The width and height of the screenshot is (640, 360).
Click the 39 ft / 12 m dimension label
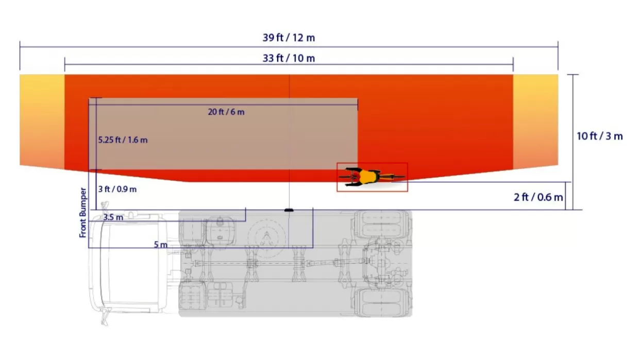[289, 38]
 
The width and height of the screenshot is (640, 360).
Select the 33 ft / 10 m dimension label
[289, 58]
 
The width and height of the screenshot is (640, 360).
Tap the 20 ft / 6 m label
[226, 112]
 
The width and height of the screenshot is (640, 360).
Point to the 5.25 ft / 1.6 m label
[123, 140]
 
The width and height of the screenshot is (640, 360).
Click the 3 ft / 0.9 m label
[117, 190]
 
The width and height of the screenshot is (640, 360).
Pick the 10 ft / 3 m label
[599, 136]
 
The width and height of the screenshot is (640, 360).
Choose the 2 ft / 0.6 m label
[538, 197]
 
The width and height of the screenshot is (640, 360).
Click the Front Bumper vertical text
[83, 213]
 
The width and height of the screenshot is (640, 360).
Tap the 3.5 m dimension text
[113, 217]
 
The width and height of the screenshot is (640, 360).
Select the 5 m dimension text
[161, 245]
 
